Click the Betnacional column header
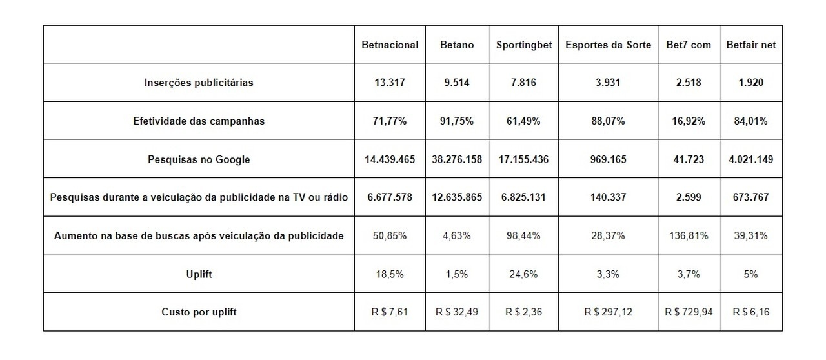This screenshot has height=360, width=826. (390, 45)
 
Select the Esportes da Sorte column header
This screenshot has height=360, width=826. (608, 45)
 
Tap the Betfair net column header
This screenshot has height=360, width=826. (750, 45)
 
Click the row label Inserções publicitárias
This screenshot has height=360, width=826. (199, 83)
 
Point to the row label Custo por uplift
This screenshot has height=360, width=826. (199, 312)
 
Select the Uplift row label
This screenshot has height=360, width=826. (199, 274)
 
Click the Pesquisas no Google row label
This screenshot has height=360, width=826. (199, 159)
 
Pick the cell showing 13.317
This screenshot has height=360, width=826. (390, 83)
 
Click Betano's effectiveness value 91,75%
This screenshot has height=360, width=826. (457, 121)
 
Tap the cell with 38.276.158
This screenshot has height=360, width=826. (457, 159)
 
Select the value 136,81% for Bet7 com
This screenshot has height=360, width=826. (689, 236)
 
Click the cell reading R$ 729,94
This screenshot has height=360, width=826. (689, 312)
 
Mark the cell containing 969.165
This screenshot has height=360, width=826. (608, 159)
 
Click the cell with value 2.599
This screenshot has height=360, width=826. (689, 197)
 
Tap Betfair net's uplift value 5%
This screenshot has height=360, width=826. (750, 274)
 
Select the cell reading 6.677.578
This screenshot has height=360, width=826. (390, 197)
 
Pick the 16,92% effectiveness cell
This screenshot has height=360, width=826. (689, 121)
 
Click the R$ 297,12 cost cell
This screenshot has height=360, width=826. (608, 312)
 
